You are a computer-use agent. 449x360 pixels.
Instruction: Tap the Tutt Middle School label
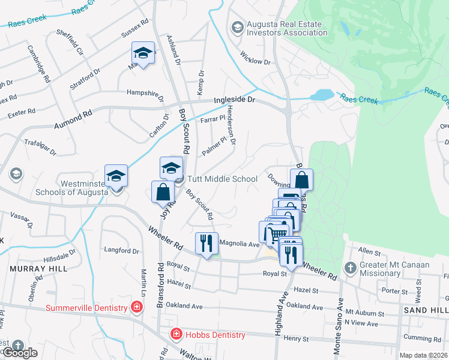(222, 179)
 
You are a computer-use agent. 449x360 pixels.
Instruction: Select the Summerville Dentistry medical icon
(137, 308)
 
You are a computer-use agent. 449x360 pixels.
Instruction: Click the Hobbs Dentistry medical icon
(177, 334)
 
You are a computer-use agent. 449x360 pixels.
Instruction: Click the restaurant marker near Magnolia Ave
(206, 243)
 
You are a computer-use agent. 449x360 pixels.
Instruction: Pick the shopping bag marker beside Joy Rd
(163, 192)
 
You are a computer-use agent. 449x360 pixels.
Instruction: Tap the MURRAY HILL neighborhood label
(38, 268)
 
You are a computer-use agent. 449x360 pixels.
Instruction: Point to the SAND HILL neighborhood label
(426, 309)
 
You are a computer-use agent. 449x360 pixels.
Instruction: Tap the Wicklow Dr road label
(255, 60)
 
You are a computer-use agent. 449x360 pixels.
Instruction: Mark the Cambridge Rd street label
(39, 63)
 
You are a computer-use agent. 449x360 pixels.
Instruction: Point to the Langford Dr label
(122, 251)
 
